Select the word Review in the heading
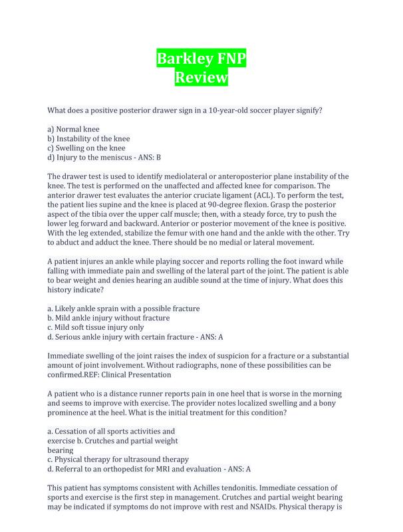[201, 78]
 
